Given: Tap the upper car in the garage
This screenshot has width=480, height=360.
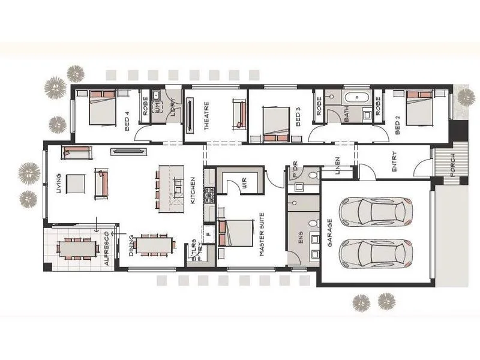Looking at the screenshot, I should [376, 211].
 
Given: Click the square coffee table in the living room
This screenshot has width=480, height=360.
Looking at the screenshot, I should [76, 184].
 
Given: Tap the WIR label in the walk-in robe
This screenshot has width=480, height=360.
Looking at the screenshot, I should [245, 184].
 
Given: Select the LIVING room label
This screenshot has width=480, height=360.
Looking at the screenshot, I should [58, 184].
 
